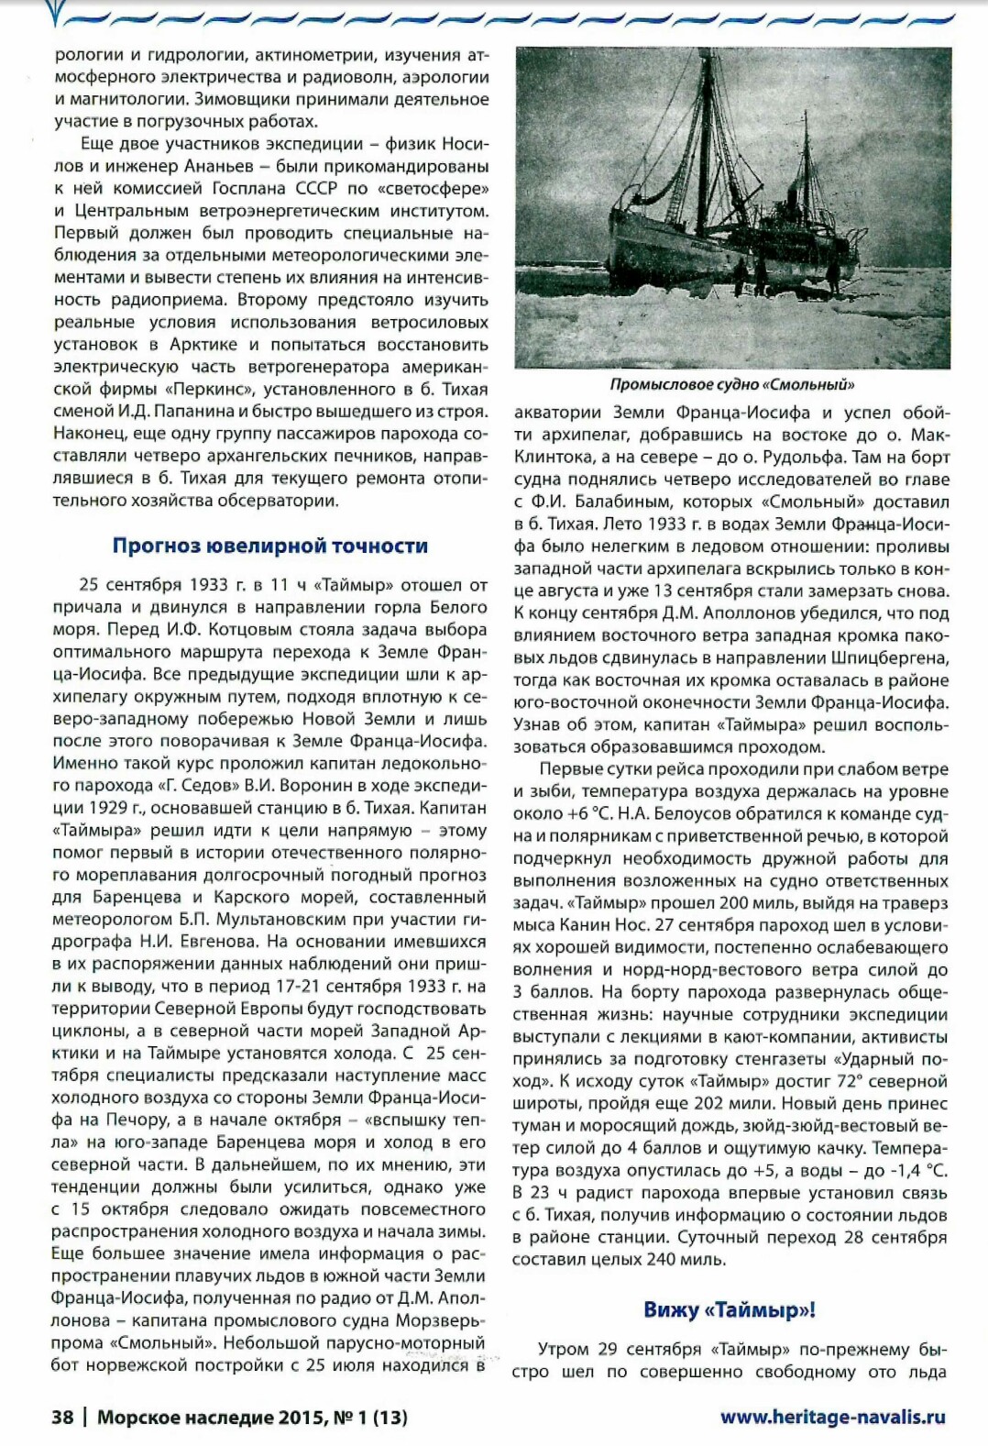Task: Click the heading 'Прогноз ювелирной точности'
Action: click(269, 546)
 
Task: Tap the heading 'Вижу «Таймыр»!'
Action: click(730, 1308)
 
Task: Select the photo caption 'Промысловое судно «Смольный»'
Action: click(732, 384)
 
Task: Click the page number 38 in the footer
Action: click(62, 1417)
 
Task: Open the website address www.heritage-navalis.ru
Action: click(832, 1417)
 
